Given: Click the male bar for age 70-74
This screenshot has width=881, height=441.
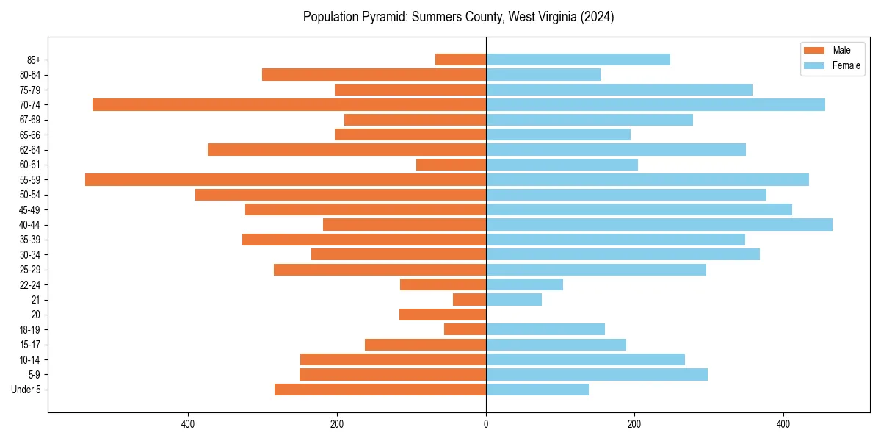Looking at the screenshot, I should (289, 104).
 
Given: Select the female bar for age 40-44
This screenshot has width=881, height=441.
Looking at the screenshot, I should (659, 224).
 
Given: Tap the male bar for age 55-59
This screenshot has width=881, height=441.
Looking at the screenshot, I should (286, 179).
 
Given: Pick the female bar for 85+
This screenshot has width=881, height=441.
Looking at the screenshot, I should (578, 60).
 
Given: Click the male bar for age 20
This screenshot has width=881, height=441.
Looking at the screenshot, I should (443, 315).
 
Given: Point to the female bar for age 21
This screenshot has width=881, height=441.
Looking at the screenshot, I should (514, 299).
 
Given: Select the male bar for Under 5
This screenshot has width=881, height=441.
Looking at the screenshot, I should (380, 390).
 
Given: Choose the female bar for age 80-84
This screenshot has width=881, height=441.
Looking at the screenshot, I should (543, 74).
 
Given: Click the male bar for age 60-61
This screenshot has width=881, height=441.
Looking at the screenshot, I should (451, 165).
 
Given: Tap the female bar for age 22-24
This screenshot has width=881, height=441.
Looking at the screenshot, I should (524, 284).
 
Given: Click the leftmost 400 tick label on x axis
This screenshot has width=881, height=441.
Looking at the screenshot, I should (188, 424).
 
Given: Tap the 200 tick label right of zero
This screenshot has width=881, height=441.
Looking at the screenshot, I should (634, 424).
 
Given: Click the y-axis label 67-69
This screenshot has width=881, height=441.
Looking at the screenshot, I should (29, 120).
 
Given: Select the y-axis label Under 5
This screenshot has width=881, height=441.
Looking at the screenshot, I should (26, 390).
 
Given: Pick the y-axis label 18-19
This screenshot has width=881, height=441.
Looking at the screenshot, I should (29, 329).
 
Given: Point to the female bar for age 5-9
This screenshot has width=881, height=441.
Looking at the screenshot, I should (597, 374).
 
